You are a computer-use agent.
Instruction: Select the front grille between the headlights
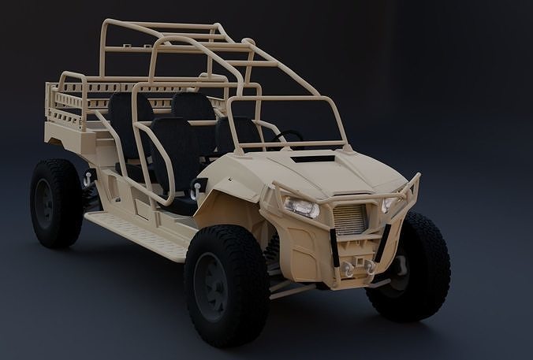pyautogui.click(x=350, y=219)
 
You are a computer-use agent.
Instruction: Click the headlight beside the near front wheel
pyautogui.click(x=302, y=207)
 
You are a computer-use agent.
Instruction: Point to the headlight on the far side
pyautogui.click(x=387, y=204)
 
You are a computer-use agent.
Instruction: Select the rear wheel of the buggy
pyautogui.click(x=56, y=203)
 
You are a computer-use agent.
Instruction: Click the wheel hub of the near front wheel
pyautogui.click(x=211, y=286)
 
